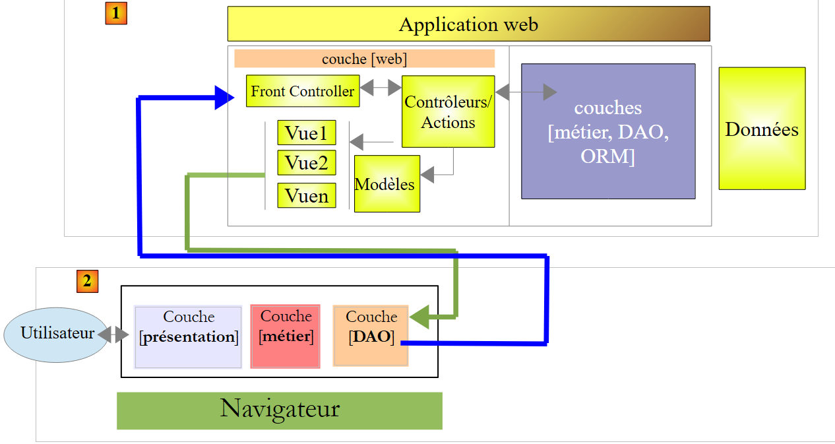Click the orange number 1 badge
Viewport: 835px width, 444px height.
(116, 13)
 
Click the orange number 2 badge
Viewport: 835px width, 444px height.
(87, 281)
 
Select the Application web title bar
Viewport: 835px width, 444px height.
(468, 24)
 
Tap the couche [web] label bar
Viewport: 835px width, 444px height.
(364, 59)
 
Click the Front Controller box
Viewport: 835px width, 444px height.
(303, 91)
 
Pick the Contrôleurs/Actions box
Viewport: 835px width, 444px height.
(448, 111)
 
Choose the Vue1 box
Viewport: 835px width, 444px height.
(307, 133)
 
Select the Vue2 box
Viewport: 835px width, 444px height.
(307, 163)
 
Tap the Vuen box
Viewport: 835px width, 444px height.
(307, 196)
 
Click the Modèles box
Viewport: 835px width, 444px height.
(387, 184)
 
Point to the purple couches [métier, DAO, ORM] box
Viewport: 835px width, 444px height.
(607, 131)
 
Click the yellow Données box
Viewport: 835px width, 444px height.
(762, 129)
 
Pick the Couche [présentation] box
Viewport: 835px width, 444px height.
(188, 336)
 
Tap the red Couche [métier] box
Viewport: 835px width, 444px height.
(286, 336)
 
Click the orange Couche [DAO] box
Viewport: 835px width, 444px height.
(371, 335)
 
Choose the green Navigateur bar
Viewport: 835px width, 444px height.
(279, 410)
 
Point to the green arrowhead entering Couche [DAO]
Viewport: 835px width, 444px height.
(419, 317)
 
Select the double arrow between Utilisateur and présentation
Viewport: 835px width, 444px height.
(113, 335)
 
